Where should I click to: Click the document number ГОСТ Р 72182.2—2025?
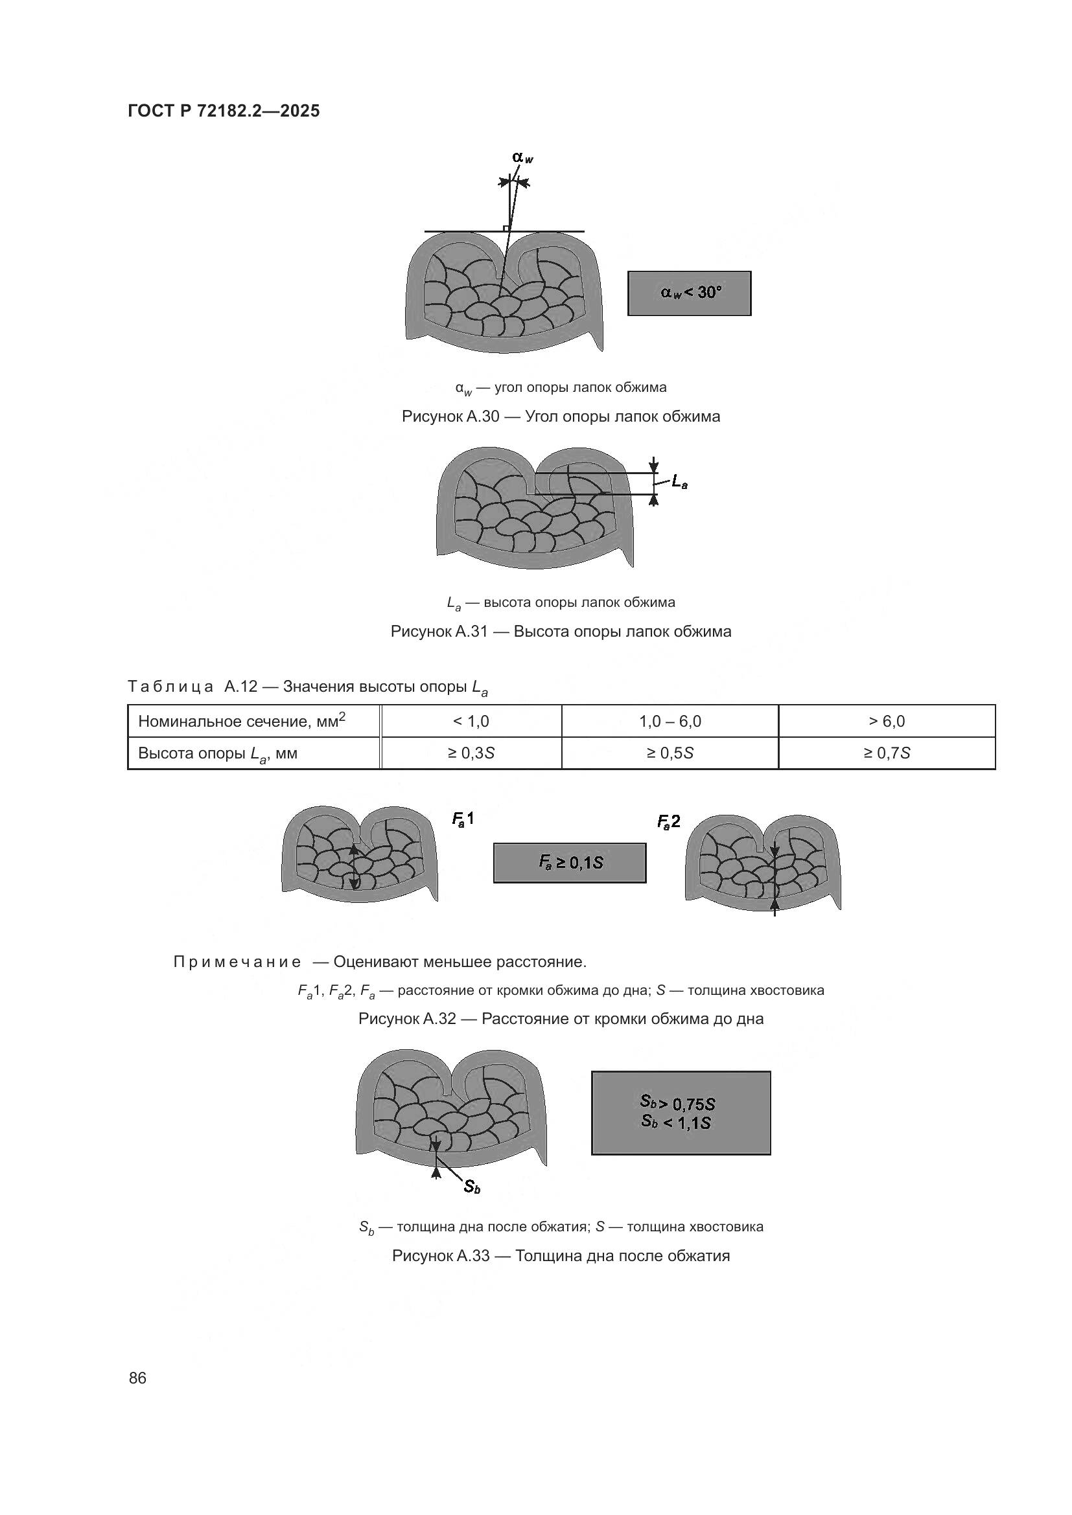tap(223, 111)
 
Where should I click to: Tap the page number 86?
tap(137, 1378)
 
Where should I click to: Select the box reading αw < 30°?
tap(688, 293)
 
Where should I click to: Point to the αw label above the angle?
tap(522, 157)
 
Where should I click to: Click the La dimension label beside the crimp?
tap(679, 483)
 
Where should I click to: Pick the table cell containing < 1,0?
tap(471, 721)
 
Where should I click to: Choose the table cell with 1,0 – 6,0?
tap(670, 721)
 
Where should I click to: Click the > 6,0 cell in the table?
tap(886, 721)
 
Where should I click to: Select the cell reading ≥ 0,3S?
tap(471, 753)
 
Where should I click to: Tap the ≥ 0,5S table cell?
tap(670, 753)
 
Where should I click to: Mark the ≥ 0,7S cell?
tap(886, 753)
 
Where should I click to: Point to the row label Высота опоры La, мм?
tap(218, 753)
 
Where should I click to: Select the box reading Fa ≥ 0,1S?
tap(570, 862)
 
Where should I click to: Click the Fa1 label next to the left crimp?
tap(462, 819)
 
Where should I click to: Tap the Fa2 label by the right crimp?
tap(668, 821)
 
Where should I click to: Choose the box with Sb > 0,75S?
tap(681, 1113)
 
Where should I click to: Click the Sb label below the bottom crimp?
tap(471, 1187)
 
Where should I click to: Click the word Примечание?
tap(237, 961)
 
